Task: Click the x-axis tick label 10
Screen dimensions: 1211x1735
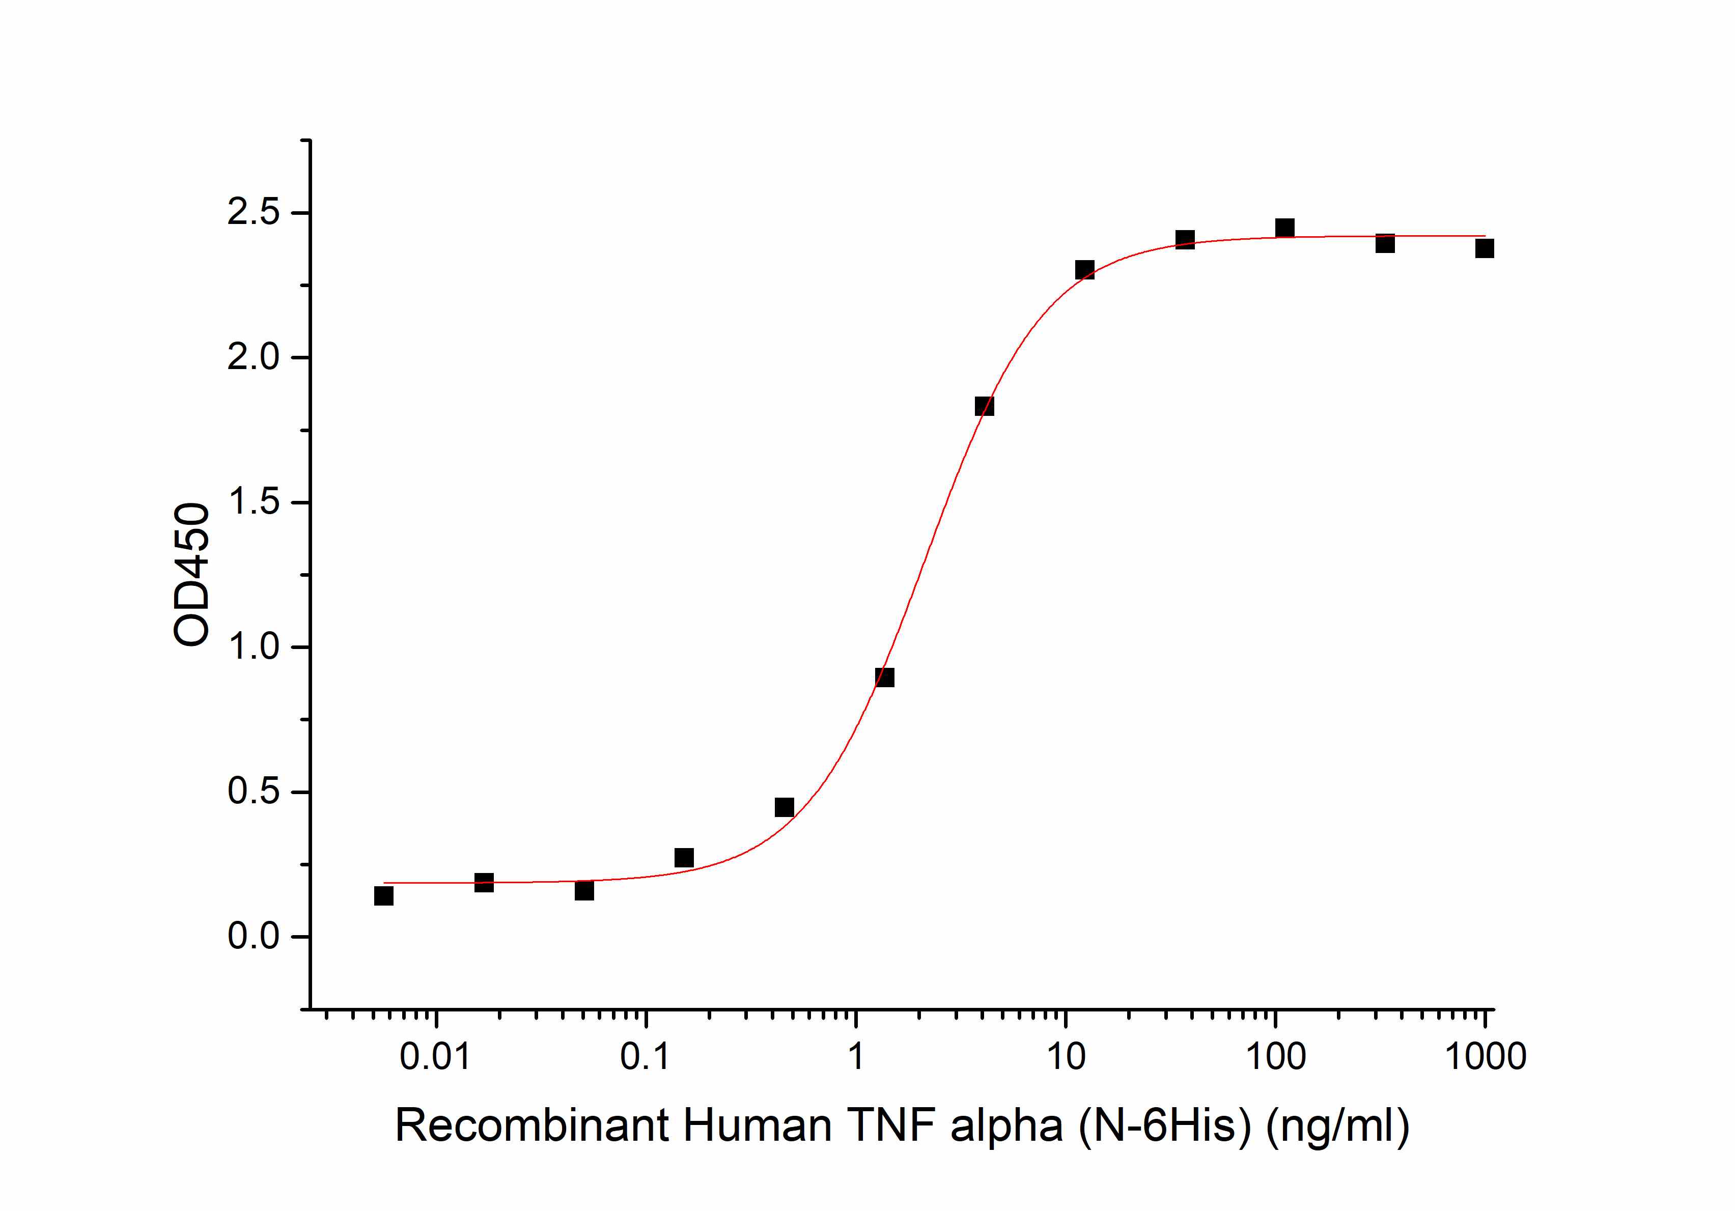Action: (x=1066, y=1056)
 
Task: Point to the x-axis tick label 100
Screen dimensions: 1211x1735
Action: (x=1276, y=1056)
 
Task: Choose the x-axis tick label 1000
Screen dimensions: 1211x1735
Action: (x=1486, y=1056)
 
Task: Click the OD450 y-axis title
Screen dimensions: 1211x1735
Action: (x=191, y=574)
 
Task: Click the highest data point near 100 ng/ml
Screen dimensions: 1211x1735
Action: (x=1284, y=228)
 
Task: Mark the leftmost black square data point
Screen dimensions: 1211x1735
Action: (x=384, y=896)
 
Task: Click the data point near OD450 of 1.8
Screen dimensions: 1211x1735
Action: (x=985, y=406)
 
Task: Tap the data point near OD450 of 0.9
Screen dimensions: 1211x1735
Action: (x=885, y=678)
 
